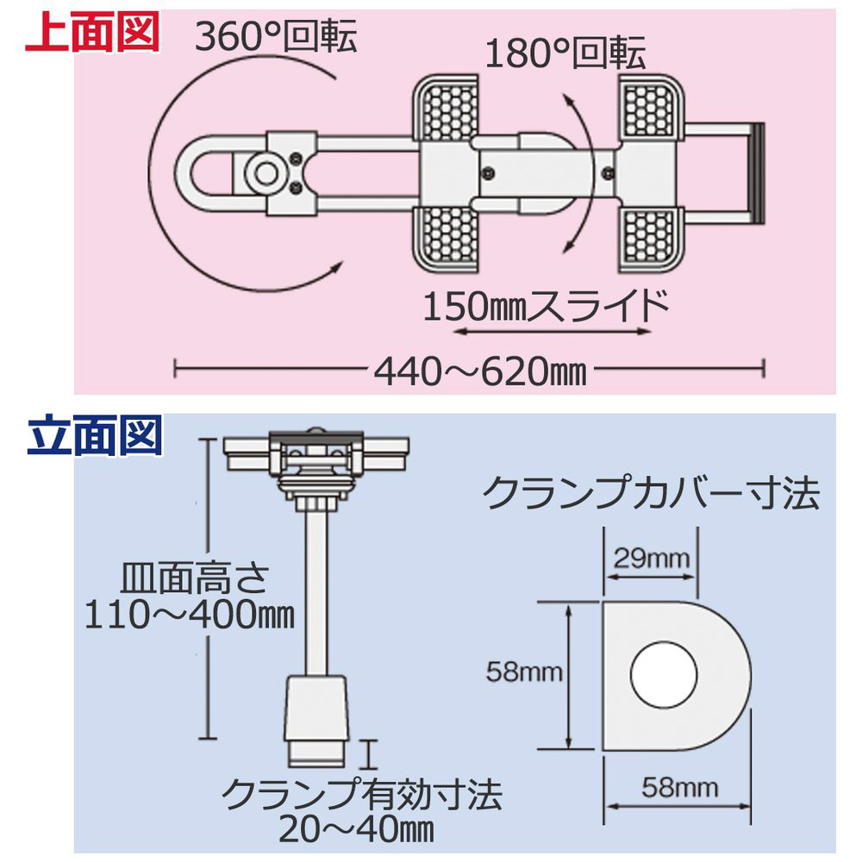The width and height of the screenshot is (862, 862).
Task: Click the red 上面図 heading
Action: [x=92, y=32]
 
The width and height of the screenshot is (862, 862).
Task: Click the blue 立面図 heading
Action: [x=95, y=434]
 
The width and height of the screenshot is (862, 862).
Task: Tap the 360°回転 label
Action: [x=276, y=36]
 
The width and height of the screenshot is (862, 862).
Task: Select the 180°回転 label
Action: [x=565, y=53]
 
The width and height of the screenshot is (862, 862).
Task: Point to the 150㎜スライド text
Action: [x=546, y=306]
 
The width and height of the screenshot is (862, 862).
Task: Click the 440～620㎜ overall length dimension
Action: [x=480, y=372]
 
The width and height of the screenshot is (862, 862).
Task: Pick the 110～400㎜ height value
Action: [x=190, y=614]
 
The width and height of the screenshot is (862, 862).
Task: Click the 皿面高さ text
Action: [x=194, y=578]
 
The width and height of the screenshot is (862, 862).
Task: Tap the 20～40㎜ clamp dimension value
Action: [x=356, y=829]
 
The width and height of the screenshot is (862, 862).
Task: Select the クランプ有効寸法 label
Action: [x=362, y=794]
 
